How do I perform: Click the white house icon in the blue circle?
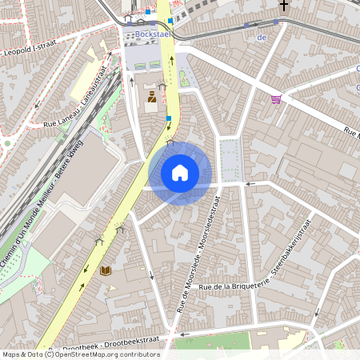pyautogui.click(x=180, y=173)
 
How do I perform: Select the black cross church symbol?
pyautogui.click(x=282, y=6)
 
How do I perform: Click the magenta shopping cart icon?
pyautogui.click(x=277, y=99)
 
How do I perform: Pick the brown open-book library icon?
pyautogui.click(x=106, y=271)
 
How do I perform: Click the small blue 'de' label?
pyautogui.click(x=261, y=37)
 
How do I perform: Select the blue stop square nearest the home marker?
pyautogui.click(x=168, y=119)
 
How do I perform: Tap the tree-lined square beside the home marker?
pyautogui.click(x=230, y=156)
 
